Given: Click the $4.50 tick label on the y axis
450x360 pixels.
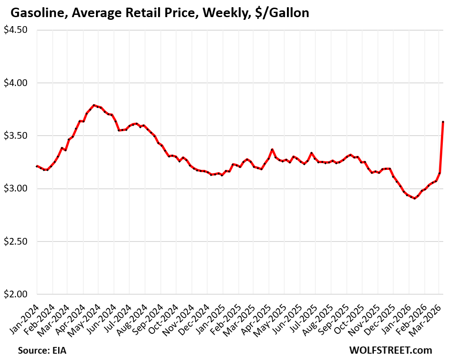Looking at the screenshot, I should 16,30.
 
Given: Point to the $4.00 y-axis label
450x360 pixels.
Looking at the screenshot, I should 16,83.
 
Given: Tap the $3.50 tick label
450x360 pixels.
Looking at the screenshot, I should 16,136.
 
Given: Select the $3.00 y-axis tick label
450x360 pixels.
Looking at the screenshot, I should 16,188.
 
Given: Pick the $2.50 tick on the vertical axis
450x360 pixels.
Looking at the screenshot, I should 16,242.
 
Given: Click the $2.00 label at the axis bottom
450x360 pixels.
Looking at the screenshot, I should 16,294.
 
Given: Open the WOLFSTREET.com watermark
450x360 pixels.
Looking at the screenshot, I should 390,350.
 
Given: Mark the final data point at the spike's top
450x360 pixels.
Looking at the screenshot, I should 443,122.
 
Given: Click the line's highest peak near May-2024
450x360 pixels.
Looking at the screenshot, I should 94,105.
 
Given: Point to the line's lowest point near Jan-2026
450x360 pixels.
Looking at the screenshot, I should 415,198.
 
